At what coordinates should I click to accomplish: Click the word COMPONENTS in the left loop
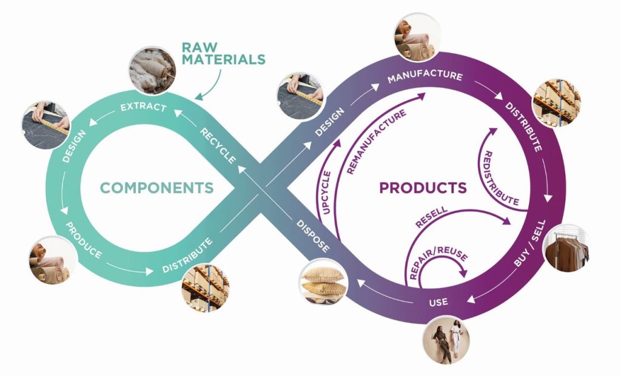point(157,188)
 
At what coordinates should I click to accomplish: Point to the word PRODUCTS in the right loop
point(423,188)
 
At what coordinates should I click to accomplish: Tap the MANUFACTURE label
point(425,78)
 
